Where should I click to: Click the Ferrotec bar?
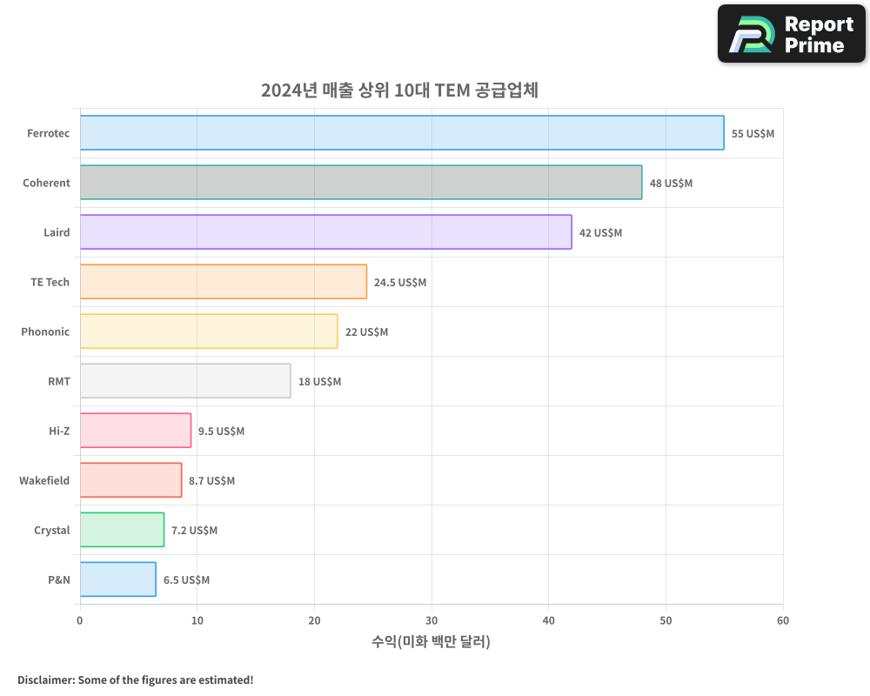[402, 133]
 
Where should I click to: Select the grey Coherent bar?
[361, 183]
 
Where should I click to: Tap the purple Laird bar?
[325, 232]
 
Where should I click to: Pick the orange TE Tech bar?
[224, 282]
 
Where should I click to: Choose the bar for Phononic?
[209, 331]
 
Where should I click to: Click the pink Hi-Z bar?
[136, 431]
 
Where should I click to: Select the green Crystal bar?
[122, 530]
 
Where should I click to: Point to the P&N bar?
[118, 579]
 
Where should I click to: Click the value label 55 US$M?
[753, 134]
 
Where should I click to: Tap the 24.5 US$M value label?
[400, 283]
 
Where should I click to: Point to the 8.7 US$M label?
[211, 481]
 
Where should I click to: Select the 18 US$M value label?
[319, 382]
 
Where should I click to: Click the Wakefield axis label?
[44, 481]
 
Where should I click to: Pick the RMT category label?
[59, 382]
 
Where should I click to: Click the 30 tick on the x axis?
[432, 620]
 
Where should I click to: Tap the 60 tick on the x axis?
[783, 620]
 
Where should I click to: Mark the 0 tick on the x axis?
[80, 620]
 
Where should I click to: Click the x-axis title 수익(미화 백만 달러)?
[432, 642]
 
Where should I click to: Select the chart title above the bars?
[400, 90]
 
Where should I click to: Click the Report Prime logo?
[792, 34]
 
